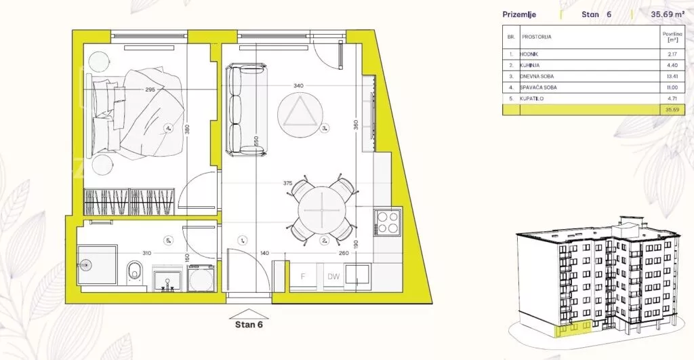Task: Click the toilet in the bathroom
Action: (134, 271)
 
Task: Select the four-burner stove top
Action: (387, 222)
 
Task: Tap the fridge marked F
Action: (303, 277)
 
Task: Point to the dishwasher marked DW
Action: (333, 277)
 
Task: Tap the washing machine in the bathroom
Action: (201, 277)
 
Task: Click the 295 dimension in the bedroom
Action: (150, 89)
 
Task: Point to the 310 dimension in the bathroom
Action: (146, 254)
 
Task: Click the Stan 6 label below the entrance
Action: (249, 325)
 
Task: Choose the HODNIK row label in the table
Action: (529, 54)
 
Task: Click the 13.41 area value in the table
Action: (672, 76)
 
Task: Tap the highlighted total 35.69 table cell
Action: (672, 110)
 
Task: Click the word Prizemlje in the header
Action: (519, 15)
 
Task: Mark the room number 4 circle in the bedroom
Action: (168, 128)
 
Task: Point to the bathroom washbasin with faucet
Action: (167, 279)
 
